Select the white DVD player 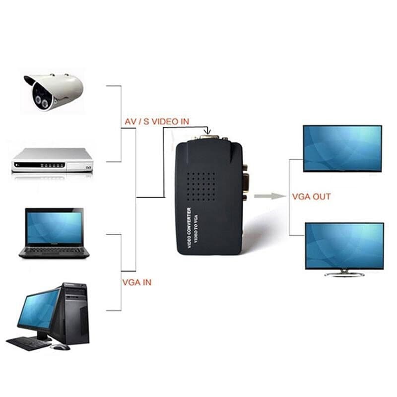(52, 160)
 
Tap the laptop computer (54, 233)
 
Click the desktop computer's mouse (61, 347)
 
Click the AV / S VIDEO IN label (156, 121)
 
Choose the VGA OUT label (311, 197)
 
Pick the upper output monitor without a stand (342, 148)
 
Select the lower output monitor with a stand (344, 246)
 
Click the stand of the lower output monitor (344, 273)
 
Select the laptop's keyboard (54, 251)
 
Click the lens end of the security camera (35, 97)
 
